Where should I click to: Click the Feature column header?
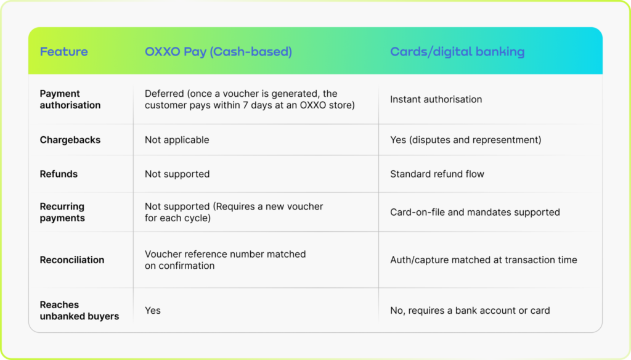pos(63,52)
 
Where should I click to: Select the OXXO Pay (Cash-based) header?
pos(218,52)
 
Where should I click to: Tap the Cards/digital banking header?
pos(457,52)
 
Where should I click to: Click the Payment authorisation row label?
pos(70,99)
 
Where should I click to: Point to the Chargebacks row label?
pos(70,140)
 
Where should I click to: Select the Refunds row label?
pos(59,174)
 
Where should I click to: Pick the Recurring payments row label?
pos(62,212)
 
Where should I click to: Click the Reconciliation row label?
pos(71,260)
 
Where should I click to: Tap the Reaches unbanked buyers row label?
pos(79,311)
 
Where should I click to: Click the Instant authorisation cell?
pos(436,99)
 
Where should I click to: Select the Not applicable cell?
pos(177,140)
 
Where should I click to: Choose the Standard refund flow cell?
pos(437,174)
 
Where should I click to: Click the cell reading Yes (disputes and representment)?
pos(466,140)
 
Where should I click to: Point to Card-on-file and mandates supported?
pos(475,212)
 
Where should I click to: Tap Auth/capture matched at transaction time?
pos(483,260)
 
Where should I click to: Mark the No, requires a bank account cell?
pos(470,311)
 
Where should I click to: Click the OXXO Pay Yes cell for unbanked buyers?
pos(153,311)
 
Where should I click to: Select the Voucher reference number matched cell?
pos(226,260)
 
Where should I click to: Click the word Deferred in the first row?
pos(164,94)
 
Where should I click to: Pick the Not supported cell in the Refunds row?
pos(177,174)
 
